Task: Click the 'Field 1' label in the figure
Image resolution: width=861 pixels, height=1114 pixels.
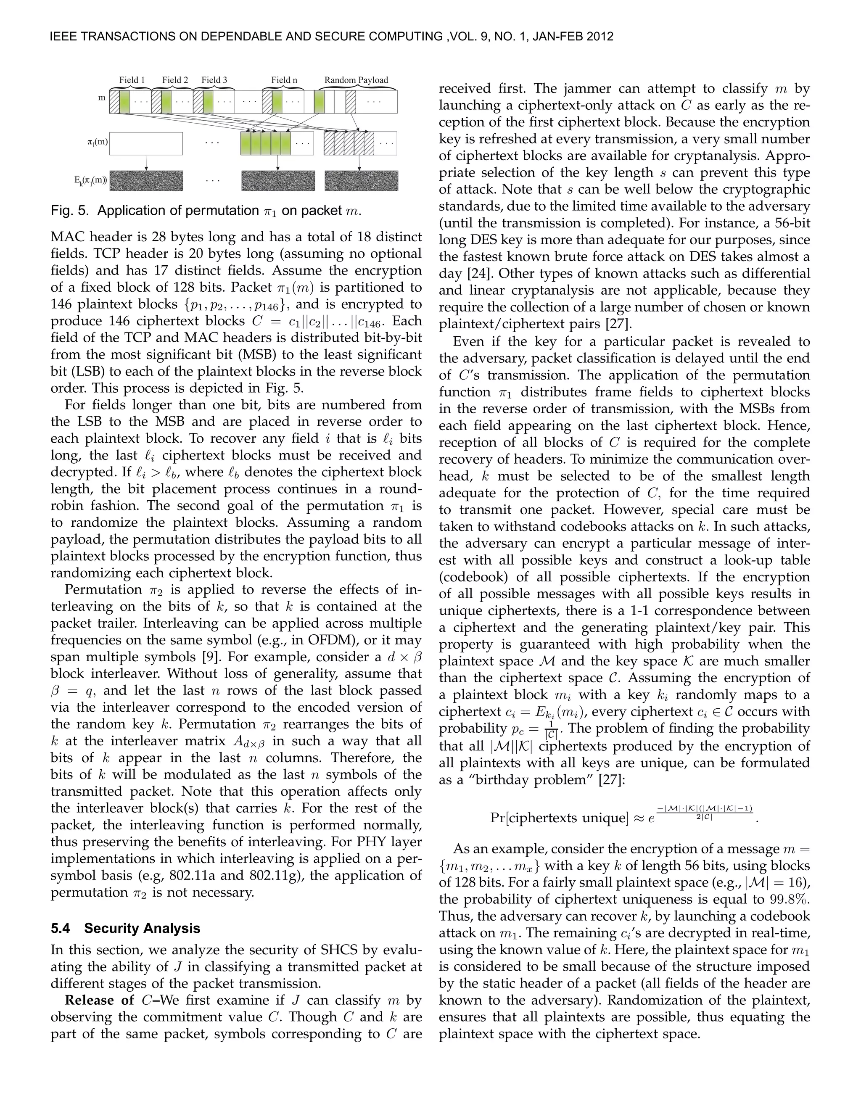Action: (132, 80)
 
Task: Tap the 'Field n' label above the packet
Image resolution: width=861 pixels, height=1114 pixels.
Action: (284, 80)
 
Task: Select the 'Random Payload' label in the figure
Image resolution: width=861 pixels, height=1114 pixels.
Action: (356, 80)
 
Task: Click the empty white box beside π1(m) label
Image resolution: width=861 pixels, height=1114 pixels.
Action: (146, 143)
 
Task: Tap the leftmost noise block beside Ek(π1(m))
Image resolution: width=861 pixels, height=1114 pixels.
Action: (146, 181)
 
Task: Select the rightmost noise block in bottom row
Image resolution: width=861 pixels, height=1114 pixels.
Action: (361, 181)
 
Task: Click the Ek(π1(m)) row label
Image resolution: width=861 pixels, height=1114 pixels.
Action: (90, 181)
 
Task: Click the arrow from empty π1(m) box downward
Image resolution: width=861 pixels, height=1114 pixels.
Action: (146, 162)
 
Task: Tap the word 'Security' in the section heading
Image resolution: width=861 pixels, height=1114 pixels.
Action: (110, 928)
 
